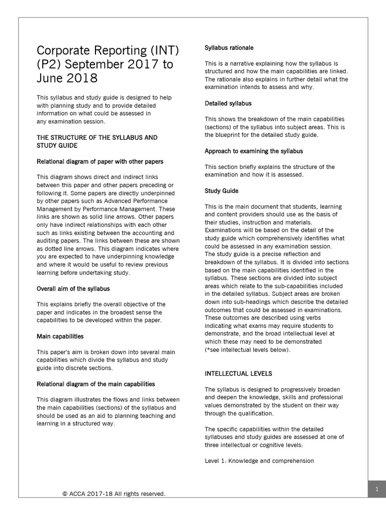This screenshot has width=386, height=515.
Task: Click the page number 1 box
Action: (376, 489)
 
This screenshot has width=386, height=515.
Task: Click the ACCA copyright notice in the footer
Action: (114, 494)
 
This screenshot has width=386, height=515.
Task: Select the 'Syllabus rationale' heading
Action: (229, 48)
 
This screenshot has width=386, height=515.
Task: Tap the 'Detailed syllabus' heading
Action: (228, 103)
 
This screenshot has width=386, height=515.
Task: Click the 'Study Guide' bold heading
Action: (222, 191)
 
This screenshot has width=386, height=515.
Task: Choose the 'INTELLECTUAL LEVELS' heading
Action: (238, 374)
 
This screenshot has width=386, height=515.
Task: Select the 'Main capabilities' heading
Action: (60, 336)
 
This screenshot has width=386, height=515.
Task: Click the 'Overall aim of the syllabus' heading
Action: (73, 289)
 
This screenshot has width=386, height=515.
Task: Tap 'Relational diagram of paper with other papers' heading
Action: (100, 161)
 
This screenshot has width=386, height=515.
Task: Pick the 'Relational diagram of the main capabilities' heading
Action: (96, 384)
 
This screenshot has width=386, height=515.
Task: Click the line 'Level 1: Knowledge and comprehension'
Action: (259, 461)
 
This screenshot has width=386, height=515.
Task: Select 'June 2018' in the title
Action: (67, 79)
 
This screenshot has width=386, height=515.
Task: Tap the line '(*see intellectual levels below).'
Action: (247, 350)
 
